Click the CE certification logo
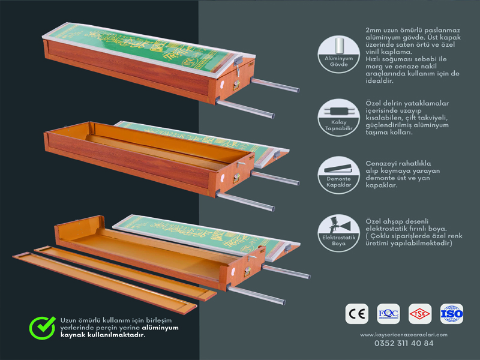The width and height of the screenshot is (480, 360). click(357, 314)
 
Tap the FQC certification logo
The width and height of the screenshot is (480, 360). click(388, 314)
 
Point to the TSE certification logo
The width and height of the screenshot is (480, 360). click(420, 314)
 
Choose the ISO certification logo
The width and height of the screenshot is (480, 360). click(451, 314)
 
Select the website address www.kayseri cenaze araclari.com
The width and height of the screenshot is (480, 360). click(404, 334)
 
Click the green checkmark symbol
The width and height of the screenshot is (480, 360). click(43, 328)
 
